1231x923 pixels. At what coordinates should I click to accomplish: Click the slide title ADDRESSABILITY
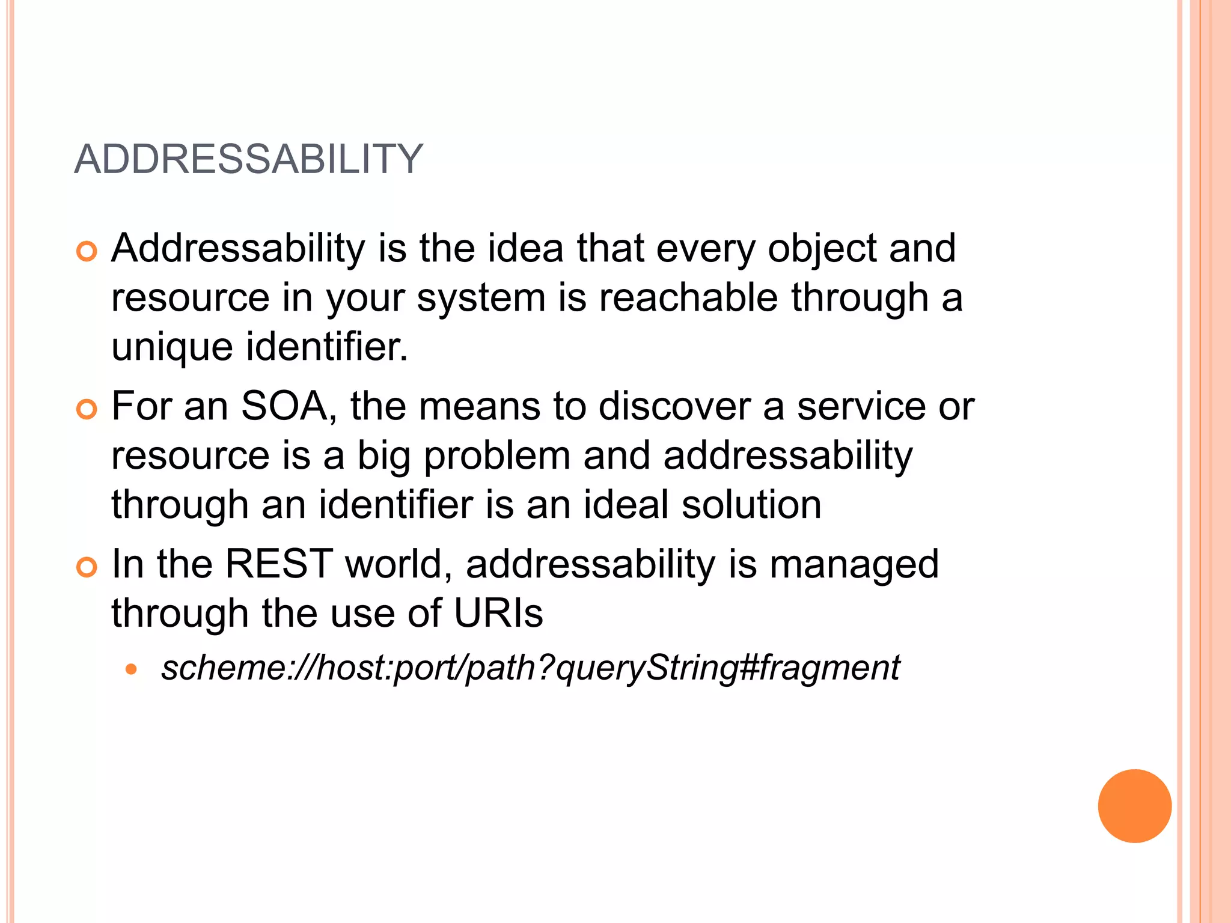point(249,160)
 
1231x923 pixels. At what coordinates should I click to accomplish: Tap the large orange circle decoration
point(1134,806)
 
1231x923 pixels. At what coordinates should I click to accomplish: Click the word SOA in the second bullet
point(285,407)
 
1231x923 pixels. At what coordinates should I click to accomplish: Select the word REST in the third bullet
point(279,565)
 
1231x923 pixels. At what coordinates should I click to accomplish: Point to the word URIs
point(498,614)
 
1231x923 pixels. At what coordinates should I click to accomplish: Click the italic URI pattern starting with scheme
point(530,668)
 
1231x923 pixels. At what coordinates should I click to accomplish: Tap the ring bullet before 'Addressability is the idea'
point(87,251)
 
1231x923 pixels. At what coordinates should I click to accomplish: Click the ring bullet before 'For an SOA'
point(87,410)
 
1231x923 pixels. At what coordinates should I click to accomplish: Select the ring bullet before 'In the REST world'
point(87,567)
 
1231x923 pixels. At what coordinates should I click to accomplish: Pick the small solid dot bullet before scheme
point(132,669)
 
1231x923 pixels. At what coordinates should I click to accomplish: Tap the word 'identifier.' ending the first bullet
point(327,347)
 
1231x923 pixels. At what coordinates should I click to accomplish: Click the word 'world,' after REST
point(399,565)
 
